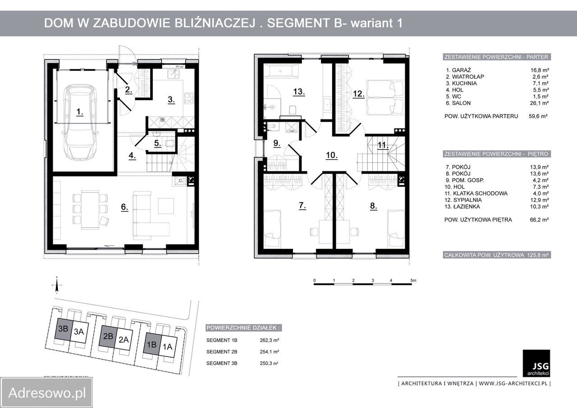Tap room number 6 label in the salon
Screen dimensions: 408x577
tap(125, 207)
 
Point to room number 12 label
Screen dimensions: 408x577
tap(358, 94)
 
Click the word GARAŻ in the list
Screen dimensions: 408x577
tap(462, 70)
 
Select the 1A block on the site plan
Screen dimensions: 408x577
tap(168, 347)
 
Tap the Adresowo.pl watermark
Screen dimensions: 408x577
tap(47, 393)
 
